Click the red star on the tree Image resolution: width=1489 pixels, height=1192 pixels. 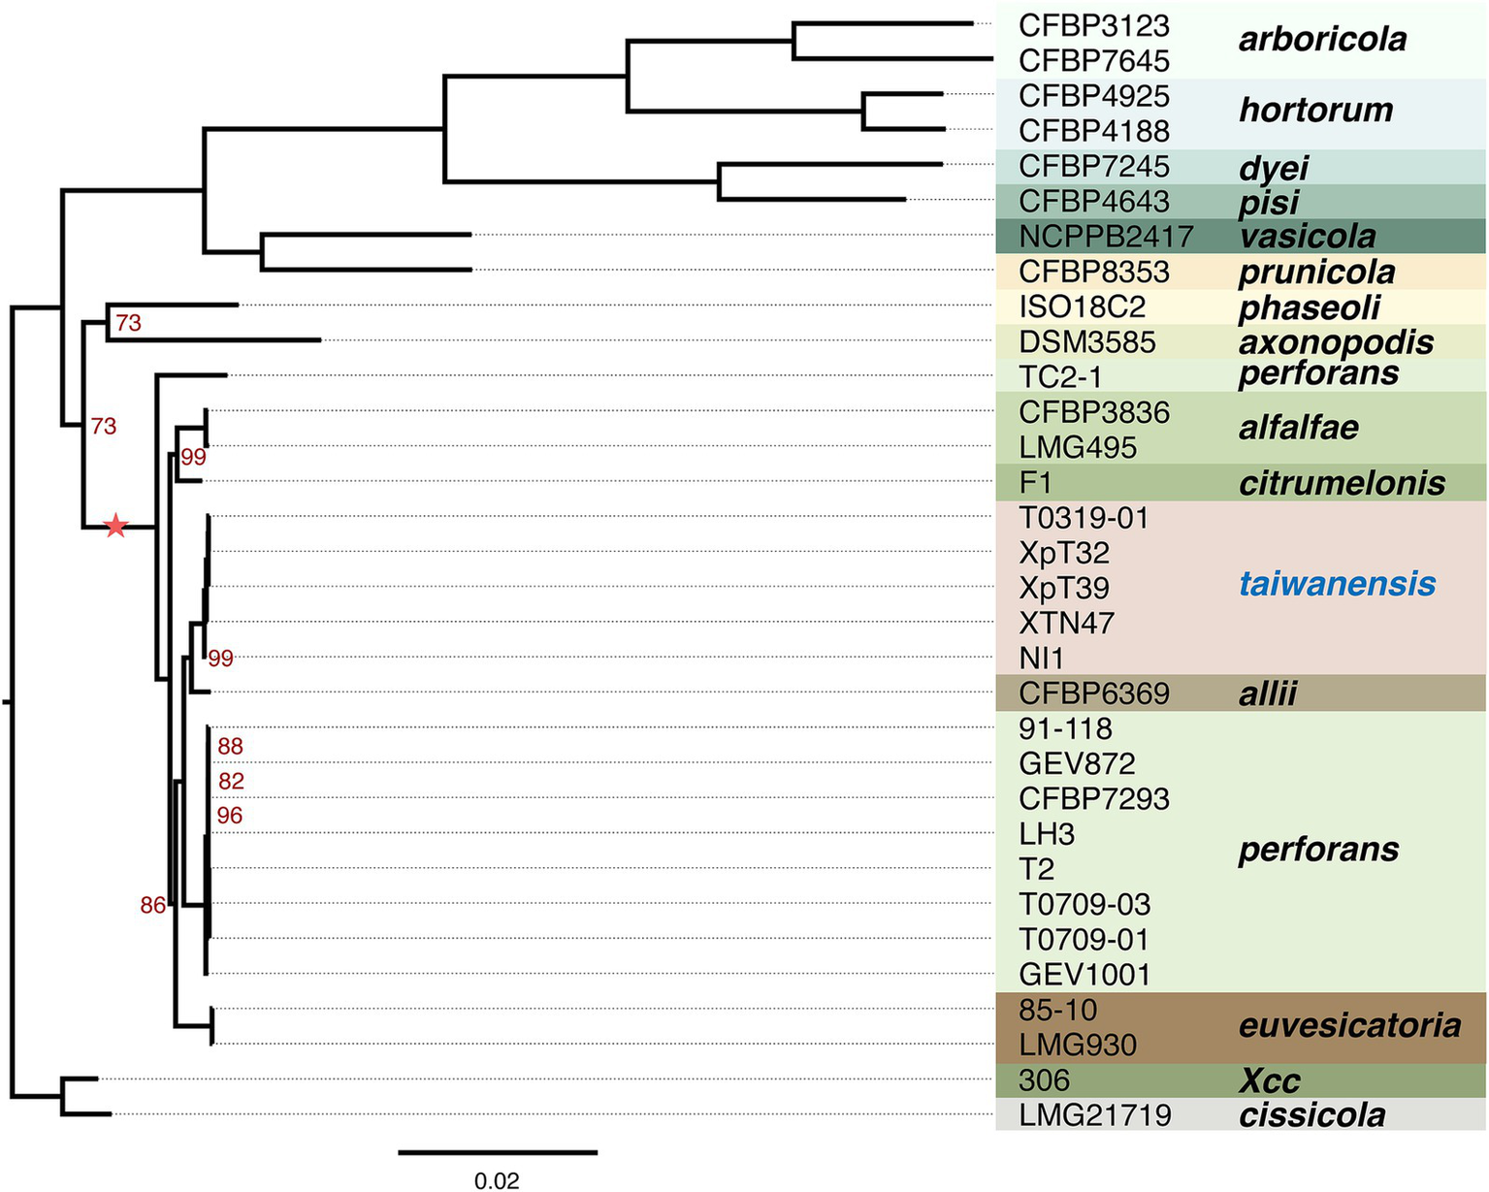coord(116,527)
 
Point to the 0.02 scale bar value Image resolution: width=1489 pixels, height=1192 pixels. coord(497,1181)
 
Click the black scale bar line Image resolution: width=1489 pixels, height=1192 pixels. coord(497,1152)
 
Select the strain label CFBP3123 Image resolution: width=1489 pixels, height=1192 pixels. coord(1094,25)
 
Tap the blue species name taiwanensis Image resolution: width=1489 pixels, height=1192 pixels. coord(1337,584)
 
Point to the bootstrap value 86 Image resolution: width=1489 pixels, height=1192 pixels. coord(153,906)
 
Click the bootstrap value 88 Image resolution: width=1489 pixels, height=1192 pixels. coord(230,746)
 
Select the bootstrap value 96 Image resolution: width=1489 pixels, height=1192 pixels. coord(230,816)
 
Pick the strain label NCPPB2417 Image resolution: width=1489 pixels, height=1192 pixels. coord(1106,237)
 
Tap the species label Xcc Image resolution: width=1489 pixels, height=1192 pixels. coord(1270,1080)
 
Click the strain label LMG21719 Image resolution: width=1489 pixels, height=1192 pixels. coord(1095,1115)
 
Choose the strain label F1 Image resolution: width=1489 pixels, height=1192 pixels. coord(1036,482)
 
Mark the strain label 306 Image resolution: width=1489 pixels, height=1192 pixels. coord(1045,1080)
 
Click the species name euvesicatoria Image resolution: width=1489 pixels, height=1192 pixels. coord(1349,1025)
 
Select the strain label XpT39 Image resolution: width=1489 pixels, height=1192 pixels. coord(1064,588)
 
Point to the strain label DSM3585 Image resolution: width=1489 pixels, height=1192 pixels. coord(1087,342)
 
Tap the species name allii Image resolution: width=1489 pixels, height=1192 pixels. coord(1268,694)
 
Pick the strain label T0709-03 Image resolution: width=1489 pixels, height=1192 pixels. coord(1084,904)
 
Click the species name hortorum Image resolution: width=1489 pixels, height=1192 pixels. coord(1315,110)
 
